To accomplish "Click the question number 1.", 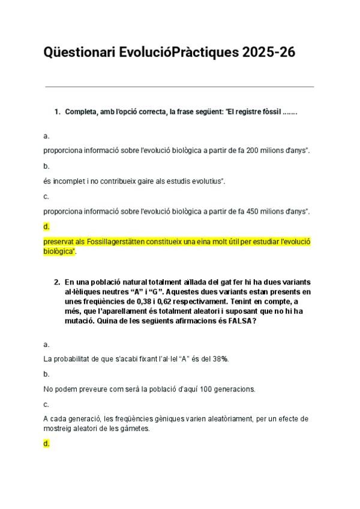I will [57, 112].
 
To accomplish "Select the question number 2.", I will [57, 282].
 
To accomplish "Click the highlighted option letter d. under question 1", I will [46, 226].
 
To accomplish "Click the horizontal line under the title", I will [179, 86].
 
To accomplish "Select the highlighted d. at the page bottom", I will [46, 444].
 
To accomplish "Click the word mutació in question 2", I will [80, 321].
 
